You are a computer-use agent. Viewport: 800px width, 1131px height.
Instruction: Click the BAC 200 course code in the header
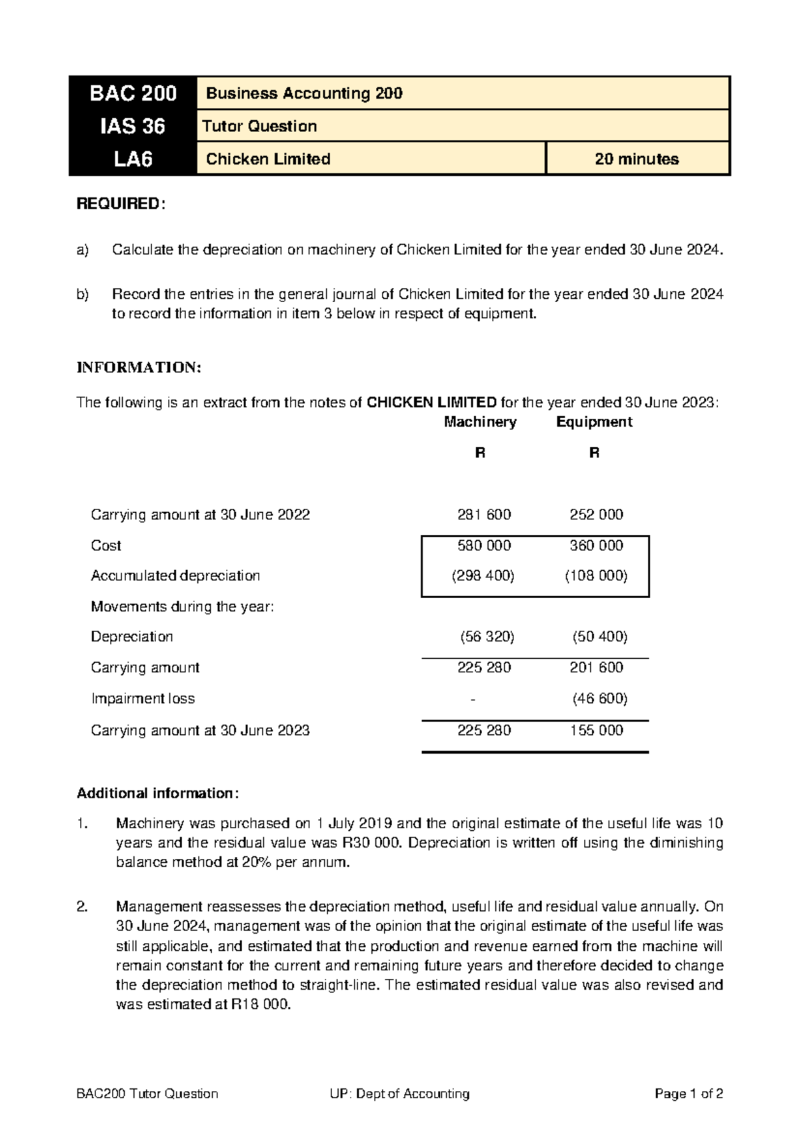pos(133,93)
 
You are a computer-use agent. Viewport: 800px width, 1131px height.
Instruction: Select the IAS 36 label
pos(133,126)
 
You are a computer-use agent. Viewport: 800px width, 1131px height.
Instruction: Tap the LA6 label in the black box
pos(133,159)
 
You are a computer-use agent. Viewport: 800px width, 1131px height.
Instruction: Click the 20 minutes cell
pos(637,159)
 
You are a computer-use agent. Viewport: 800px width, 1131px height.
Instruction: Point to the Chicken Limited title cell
pos(268,159)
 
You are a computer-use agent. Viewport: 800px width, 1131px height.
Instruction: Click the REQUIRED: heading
pos(119,204)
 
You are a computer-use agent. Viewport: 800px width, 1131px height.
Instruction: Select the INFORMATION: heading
pos(138,367)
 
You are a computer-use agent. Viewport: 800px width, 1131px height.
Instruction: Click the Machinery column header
pos(480,421)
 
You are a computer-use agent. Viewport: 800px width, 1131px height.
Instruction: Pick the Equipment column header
pos(594,421)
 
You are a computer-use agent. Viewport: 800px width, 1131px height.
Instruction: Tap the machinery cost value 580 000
pos(484,545)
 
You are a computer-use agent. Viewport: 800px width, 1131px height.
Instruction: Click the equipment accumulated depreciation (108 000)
pos(596,576)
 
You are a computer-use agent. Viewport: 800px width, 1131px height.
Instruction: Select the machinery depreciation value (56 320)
pos(487,637)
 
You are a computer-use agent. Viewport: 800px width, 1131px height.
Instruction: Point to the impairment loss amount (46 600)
pos(599,699)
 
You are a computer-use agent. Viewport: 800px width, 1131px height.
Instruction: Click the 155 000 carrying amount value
pos(596,730)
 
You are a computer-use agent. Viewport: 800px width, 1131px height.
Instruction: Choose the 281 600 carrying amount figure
pos(484,515)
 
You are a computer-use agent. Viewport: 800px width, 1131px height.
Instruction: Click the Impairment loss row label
pos(143,699)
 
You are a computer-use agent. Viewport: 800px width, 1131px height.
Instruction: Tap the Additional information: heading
pos(157,793)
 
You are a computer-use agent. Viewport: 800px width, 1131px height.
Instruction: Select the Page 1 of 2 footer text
pos(689,1094)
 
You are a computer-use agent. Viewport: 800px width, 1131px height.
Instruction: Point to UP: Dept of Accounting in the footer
pos(399,1094)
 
